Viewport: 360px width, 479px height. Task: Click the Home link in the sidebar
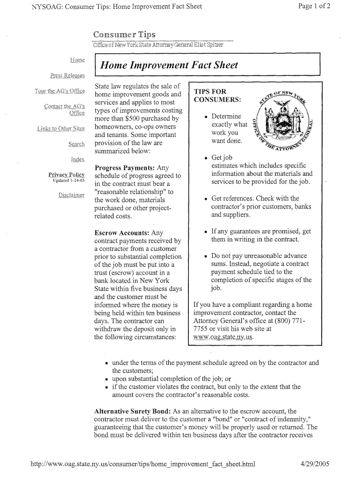77,60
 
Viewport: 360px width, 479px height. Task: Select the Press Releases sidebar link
67,76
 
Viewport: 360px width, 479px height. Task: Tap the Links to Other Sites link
61,129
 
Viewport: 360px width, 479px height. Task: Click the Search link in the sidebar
76,144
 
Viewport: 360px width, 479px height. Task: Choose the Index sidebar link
78,160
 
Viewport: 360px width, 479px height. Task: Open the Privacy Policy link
66,174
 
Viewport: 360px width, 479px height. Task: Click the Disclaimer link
71,195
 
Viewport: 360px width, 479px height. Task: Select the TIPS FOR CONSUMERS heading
217,96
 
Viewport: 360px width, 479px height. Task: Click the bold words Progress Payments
124,167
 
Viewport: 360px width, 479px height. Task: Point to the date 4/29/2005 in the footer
316,464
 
